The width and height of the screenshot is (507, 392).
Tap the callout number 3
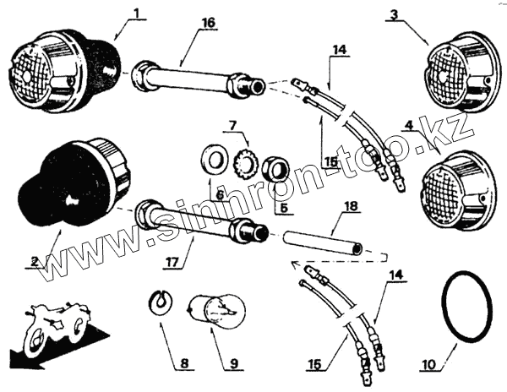[x=392, y=16]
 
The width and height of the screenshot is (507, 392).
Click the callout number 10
[x=430, y=365]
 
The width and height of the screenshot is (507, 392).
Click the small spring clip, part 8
[x=156, y=300]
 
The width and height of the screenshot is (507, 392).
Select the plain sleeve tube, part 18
[x=324, y=245]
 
